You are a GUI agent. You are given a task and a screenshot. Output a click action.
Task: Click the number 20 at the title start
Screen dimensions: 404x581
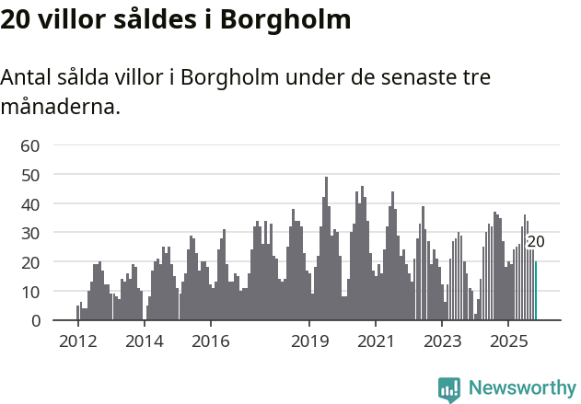(x=17, y=19)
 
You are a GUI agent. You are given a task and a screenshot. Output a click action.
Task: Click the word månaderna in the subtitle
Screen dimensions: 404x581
(x=60, y=107)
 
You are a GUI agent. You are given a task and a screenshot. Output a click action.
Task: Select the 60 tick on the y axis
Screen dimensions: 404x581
(x=30, y=144)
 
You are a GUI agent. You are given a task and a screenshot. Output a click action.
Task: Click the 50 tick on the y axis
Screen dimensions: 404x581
(x=30, y=174)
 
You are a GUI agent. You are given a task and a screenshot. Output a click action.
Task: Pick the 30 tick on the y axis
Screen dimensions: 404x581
(x=30, y=233)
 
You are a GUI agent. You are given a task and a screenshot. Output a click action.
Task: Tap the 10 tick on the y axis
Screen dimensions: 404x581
(x=30, y=291)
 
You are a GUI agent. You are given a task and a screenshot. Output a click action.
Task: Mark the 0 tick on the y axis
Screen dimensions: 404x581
(x=35, y=320)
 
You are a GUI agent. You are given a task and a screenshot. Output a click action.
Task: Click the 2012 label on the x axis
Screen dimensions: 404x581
(x=78, y=341)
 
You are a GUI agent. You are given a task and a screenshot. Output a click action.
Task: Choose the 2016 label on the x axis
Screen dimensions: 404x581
(x=211, y=341)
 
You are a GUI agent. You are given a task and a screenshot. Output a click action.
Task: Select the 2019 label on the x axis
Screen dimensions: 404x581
(x=309, y=341)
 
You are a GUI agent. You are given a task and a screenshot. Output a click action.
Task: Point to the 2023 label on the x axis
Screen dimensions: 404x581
(x=442, y=341)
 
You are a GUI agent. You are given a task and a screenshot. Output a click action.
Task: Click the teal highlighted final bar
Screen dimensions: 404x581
(x=536, y=292)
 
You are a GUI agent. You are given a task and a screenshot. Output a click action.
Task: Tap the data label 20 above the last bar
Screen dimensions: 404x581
(x=536, y=242)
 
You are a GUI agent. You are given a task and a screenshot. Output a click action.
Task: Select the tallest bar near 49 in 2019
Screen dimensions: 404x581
(x=326, y=248)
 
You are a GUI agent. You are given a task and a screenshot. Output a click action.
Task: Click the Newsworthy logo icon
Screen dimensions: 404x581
(x=449, y=389)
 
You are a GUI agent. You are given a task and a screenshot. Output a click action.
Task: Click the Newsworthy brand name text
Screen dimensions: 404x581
(x=521, y=388)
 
